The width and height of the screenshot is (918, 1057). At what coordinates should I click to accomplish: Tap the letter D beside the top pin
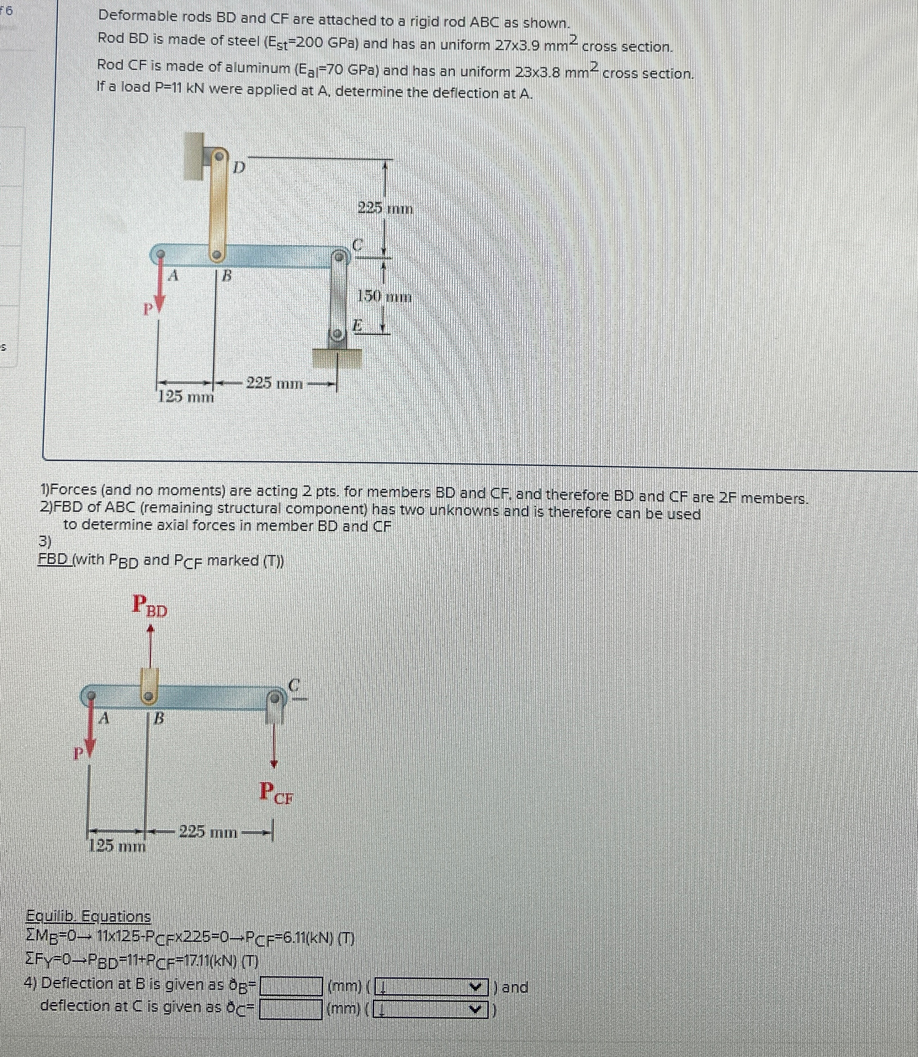[x=239, y=167]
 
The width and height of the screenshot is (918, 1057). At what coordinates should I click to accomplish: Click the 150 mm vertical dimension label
[x=384, y=296]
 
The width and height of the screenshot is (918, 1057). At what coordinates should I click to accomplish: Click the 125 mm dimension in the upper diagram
[x=186, y=396]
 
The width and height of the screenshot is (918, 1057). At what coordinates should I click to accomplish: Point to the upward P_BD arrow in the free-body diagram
[x=150, y=645]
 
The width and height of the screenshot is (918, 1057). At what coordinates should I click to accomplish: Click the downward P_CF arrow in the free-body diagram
[x=275, y=743]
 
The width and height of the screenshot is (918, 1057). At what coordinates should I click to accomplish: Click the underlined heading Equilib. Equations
[x=89, y=916]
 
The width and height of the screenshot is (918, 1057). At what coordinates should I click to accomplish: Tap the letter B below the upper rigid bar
[x=226, y=277]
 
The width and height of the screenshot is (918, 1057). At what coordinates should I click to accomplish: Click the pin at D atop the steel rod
[x=219, y=155]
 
